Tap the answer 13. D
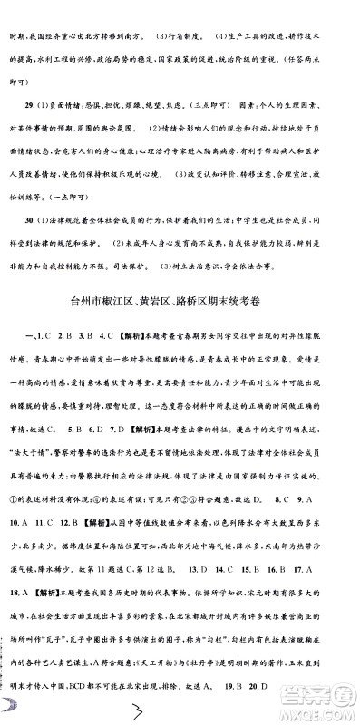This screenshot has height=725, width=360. (x=214, y=622)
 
